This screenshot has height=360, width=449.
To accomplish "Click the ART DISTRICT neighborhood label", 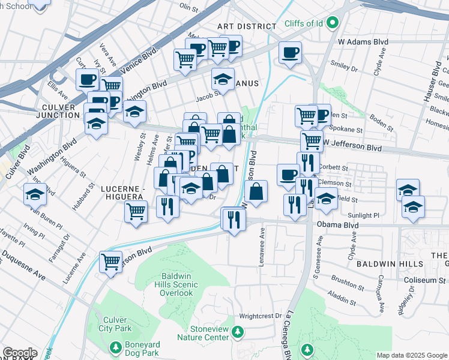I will click(247, 26).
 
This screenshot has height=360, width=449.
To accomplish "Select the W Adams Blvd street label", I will click(363, 42).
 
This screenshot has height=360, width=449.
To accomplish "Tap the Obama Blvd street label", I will click(337, 226).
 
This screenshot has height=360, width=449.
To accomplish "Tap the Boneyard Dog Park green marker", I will click(116, 346).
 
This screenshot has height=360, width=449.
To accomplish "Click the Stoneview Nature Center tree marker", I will click(238, 331).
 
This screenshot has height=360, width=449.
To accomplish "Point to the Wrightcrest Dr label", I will click(260, 316).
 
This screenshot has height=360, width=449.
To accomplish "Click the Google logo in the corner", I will click(19, 353).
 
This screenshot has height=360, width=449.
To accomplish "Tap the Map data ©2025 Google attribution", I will click(412, 355).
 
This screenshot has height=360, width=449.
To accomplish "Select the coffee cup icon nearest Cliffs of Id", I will click(290, 53).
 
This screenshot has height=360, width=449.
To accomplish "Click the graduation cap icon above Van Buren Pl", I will click(35, 195).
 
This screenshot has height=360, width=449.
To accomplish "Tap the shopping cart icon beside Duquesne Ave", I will click(111, 262).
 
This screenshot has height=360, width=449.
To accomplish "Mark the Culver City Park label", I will click(114, 324).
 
